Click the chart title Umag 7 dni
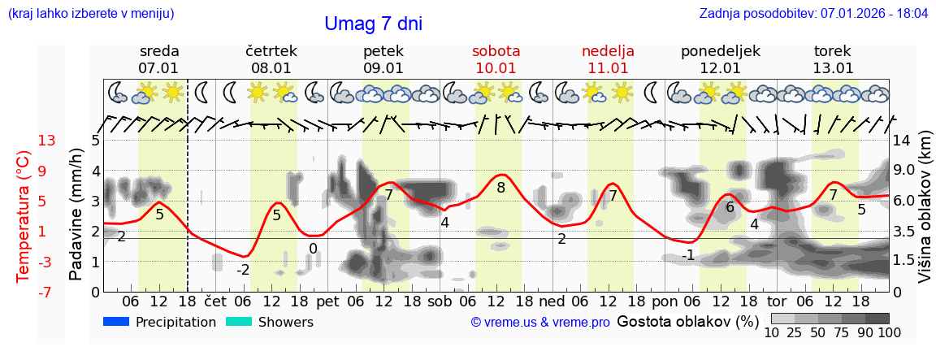373,24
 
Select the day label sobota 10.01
496,59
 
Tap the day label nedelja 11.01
608,59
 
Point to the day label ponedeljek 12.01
720,59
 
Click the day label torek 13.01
833,59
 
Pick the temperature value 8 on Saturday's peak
500,188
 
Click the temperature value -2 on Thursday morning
243,270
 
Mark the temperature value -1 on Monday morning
688,255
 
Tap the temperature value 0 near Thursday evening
313,249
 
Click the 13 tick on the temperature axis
46,141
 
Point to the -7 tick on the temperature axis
46,292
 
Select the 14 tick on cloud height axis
903,141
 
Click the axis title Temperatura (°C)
24,216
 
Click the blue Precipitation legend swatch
115,323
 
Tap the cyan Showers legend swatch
238,323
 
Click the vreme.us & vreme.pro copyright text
540,323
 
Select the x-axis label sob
440,301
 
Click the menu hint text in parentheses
91,14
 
